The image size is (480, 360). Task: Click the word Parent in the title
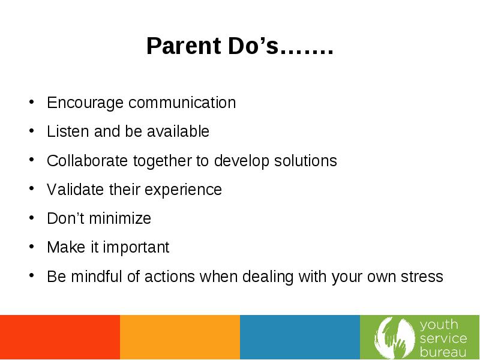tap(184, 46)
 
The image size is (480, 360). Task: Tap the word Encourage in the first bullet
tap(85, 103)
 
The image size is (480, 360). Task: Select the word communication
tap(182, 102)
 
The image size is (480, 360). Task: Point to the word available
tap(178, 131)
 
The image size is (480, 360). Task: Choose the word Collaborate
tap(87, 160)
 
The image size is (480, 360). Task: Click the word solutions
tap(305, 160)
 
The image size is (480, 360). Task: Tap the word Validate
tap(76, 190)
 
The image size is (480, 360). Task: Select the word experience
tap(183, 190)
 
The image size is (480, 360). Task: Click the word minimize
tap(120, 218)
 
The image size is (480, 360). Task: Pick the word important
tap(136, 248)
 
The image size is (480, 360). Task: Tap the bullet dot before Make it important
tap(32, 247)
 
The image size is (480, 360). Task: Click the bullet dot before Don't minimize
tap(32, 218)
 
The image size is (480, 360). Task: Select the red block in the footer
tap(60, 337)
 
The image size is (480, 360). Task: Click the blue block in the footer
tap(300, 337)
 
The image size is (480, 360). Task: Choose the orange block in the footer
tap(180, 337)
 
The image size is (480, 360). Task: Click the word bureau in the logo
tap(443, 352)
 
